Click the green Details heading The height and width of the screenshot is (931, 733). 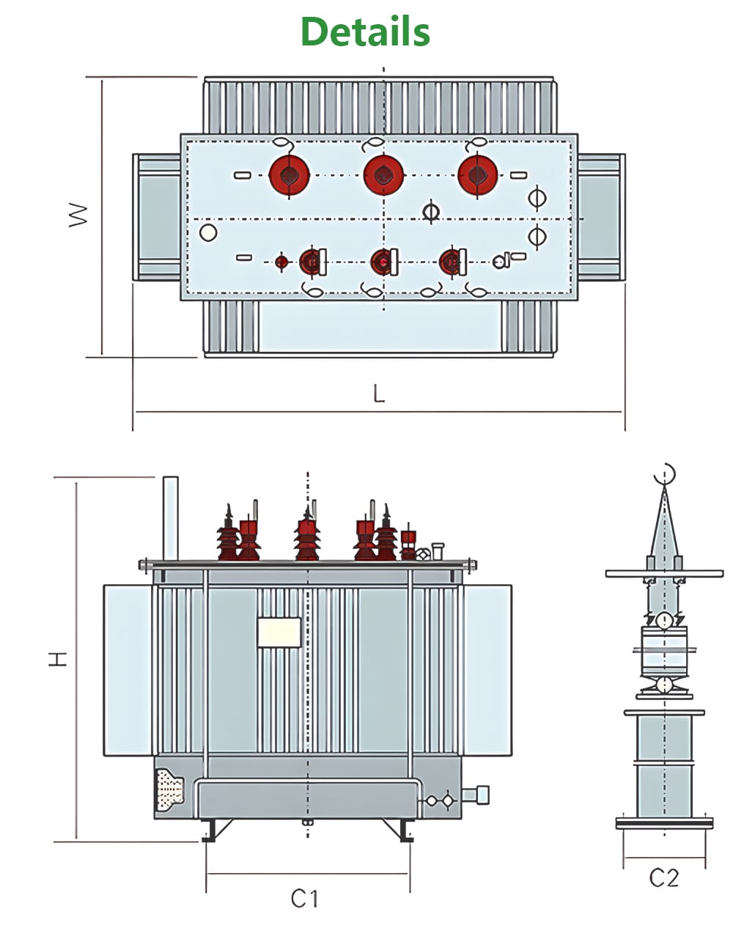coord(365,32)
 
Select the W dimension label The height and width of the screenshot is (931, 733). coord(78,214)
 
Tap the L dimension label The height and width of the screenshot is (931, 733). coord(378,394)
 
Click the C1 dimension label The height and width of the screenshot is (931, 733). coord(305,898)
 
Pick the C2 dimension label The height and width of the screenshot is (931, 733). coord(664,877)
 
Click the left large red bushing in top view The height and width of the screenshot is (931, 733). coord(289,175)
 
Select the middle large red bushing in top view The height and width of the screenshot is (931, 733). coord(383,175)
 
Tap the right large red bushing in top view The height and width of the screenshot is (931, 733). coord(477,175)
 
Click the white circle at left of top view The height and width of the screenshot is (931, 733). coord(208,233)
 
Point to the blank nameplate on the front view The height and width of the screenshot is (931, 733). coord(279,632)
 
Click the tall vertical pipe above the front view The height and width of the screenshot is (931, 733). coord(170,518)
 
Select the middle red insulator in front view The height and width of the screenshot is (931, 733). coord(307,535)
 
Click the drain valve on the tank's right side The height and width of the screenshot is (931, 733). coord(480,794)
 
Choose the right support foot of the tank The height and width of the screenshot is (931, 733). coord(406,831)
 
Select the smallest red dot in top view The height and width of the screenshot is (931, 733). coord(281,262)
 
